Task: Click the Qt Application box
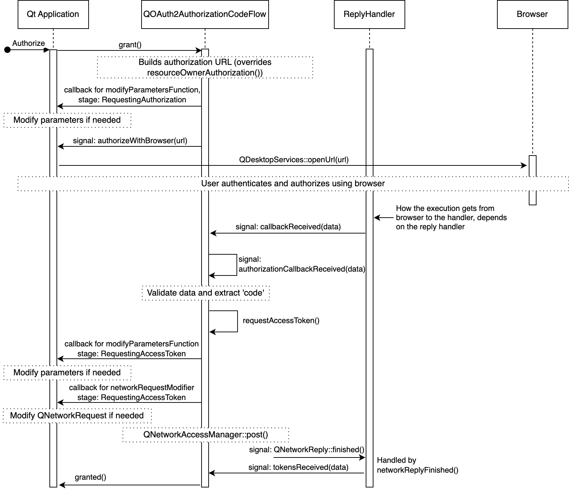pos(53,14)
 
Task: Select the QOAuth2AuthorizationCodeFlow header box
pos(205,14)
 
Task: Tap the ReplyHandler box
pos(369,14)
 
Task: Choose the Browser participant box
pos(532,14)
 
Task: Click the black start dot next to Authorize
pos(7,50)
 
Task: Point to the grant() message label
pos(130,45)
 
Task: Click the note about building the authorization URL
pos(205,67)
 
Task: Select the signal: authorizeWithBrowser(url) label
pos(130,141)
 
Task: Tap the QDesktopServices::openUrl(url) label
pos(294,160)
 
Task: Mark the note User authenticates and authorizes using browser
pos(293,184)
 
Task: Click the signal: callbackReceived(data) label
pos(288,227)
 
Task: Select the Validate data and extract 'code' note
pos(205,293)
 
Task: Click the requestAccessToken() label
pos(281,321)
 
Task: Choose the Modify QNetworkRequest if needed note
pos(77,416)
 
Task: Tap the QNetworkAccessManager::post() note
pos(205,435)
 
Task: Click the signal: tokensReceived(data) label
pos(298,467)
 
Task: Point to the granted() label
pos(90,477)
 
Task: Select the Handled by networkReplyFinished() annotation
pos(418,465)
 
